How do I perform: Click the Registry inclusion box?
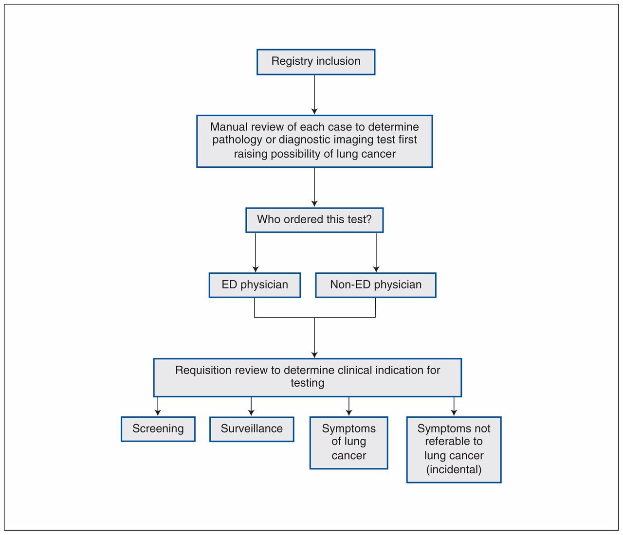coord(315,62)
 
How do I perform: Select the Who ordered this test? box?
coord(314,220)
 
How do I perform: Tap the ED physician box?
coord(255,285)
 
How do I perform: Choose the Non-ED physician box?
coord(376,285)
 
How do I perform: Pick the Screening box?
coord(158,429)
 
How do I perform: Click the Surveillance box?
coord(252,429)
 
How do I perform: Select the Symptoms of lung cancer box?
coord(348,443)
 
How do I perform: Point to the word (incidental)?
coord(454,469)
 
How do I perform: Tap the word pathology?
coord(237,140)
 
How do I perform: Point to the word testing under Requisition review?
coord(308,383)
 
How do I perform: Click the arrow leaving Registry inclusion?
coord(314,94)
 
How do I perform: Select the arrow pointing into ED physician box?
coord(256,252)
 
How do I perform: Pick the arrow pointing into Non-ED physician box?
coord(376,252)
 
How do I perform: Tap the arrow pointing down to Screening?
coord(158,407)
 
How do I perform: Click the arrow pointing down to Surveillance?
coord(251,407)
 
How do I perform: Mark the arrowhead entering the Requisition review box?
coord(314,355)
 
